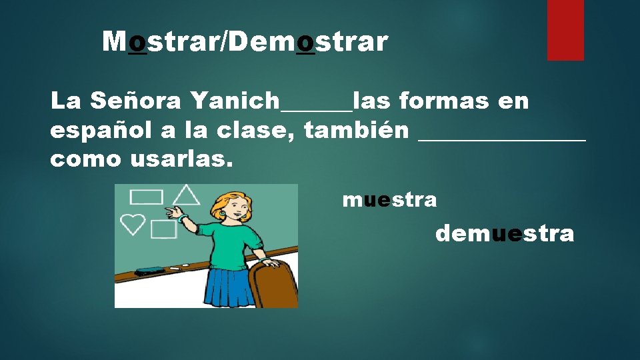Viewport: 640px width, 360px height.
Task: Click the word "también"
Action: tap(356, 131)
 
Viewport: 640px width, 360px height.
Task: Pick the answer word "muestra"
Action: tap(389, 199)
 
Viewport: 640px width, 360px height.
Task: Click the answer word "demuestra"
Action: tap(504, 234)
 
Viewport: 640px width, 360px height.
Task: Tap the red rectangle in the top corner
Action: tap(565, 29)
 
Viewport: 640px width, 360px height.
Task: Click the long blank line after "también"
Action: tap(501, 139)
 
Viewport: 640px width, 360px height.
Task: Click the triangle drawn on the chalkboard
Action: tap(187, 195)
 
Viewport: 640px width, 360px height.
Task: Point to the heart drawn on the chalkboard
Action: tap(133, 223)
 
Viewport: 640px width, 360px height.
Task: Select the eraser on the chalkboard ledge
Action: tap(149, 271)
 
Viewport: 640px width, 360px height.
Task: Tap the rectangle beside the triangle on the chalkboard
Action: tap(146, 197)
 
